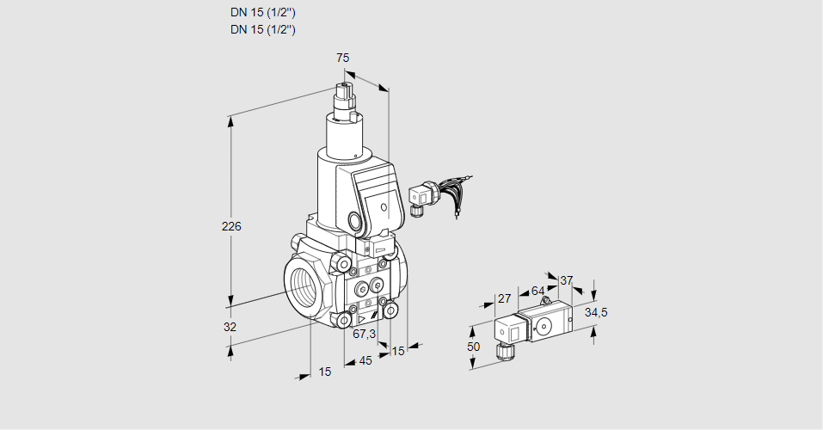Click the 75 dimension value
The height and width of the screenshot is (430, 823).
point(342,58)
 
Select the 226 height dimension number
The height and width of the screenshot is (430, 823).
point(231,227)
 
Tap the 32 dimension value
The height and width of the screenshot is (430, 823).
point(230,327)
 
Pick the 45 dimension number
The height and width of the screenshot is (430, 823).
point(365,360)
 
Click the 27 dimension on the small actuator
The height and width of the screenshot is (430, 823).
point(504,299)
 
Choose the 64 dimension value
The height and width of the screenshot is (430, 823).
point(537,291)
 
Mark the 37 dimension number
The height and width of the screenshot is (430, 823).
point(566,280)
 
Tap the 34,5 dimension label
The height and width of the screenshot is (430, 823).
point(596,312)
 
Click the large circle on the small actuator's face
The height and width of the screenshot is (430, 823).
point(545,325)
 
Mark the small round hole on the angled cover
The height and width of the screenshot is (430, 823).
point(384,206)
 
